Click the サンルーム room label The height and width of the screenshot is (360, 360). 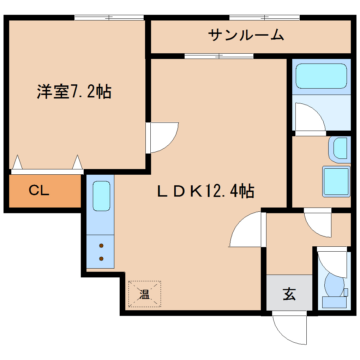246,35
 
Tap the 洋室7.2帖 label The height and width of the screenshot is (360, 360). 74,91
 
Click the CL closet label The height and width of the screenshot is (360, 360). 39,191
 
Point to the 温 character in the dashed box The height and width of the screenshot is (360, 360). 144,294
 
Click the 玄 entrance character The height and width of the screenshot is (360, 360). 289,294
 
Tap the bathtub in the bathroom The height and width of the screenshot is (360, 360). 321,76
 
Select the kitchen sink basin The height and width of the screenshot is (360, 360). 101,196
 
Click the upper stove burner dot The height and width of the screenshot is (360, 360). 101,246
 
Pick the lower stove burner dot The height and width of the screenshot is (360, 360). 101,258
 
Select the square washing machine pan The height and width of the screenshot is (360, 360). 336,181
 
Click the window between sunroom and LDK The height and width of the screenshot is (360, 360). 219,56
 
